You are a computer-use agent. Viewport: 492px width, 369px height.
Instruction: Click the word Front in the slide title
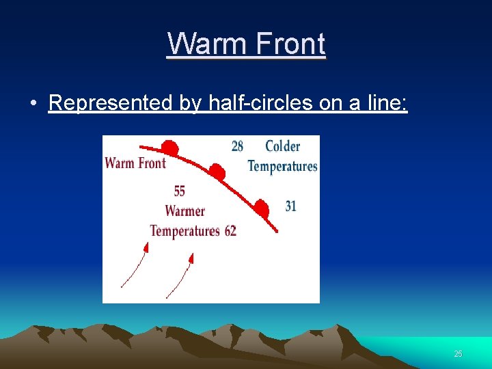coord(289,44)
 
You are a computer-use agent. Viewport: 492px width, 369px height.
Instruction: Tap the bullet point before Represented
coord(33,103)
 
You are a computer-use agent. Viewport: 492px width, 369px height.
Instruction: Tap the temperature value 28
coord(237,146)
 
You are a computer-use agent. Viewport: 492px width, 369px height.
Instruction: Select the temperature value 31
coord(290,206)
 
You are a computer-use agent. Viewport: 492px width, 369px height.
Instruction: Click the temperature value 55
coord(179,191)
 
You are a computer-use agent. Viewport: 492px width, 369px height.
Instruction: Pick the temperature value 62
coord(230,231)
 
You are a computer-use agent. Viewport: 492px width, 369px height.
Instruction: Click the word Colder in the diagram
coord(282,146)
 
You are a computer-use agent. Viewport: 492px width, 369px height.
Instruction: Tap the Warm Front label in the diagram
coord(135,163)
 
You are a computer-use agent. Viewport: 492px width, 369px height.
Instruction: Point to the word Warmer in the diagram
coord(184,210)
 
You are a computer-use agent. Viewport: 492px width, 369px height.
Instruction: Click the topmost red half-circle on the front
coord(170,148)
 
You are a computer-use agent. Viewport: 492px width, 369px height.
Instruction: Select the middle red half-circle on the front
coord(217,172)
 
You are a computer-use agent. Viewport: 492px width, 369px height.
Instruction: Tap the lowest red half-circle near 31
coord(261,208)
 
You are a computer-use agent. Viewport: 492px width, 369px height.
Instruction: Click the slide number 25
coord(458,354)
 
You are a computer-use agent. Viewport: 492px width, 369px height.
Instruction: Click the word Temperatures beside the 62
coord(184,231)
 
